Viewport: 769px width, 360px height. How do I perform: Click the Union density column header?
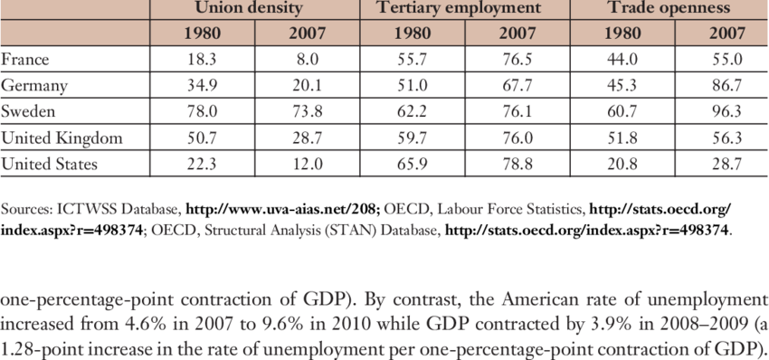(255, 8)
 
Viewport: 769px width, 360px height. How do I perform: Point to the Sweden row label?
(29, 113)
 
